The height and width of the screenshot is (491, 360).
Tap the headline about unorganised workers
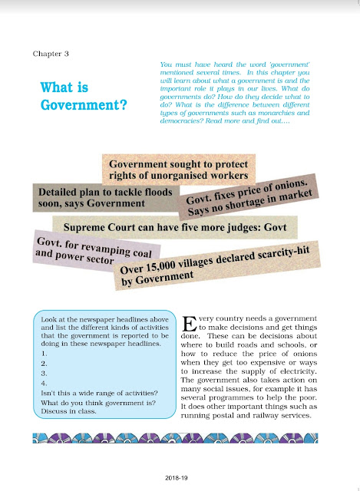(180, 171)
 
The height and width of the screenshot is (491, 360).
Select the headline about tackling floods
(91, 197)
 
